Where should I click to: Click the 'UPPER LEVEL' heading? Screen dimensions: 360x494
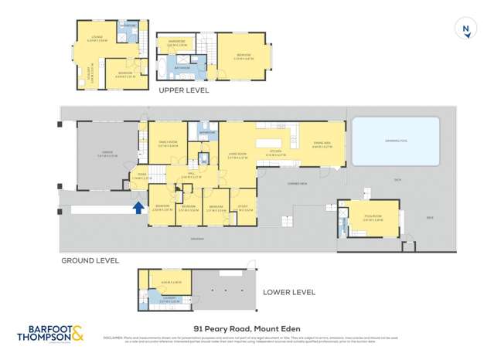[183, 90]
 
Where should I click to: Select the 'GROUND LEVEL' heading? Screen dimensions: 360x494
[90, 261]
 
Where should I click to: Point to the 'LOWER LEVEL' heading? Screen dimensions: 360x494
[289, 292]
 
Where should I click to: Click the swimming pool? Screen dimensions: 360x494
[396, 141]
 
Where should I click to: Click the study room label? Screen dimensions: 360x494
[243, 205]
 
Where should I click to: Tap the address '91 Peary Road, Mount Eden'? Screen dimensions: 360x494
[247, 327]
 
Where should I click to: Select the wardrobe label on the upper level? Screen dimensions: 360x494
[176, 43]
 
